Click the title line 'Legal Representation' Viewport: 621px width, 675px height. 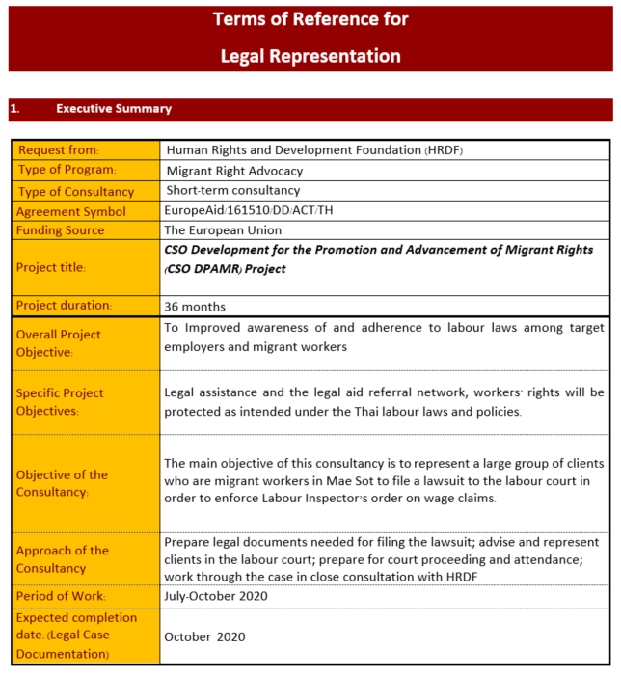pyautogui.click(x=310, y=56)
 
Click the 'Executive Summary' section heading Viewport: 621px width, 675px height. pyautogui.click(x=114, y=109)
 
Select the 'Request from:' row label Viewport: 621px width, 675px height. pyautogui.click(x=59, y=150)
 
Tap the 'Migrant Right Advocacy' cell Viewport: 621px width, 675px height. pyautogui.click(x=234, y=171)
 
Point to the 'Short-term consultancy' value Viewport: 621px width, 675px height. pyautogui.click(x=232, y=191)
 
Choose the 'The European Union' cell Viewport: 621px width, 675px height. pyautogui.click(x=223, y=230)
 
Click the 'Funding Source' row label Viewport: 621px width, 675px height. pyautogui.click(x=61, y=230)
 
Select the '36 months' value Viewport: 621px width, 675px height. pyautogui.click(x=196, y=307)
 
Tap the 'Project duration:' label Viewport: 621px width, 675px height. pyautogui.click(x=65, y=306)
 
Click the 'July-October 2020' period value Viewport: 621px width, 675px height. pyautogui.click(x=217, y=596)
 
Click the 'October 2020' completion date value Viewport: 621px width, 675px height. pyautogui.click(x=205, y=636)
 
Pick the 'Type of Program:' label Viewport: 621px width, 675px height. pyautogui.click(x=67, y=171)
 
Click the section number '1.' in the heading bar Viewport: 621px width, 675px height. pyautogui.click(x=14, y=109)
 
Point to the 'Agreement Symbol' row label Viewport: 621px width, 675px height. pyautogui.click(x=71, y=211)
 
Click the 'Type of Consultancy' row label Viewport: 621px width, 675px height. pyautogui.click(x=76, y=191)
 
